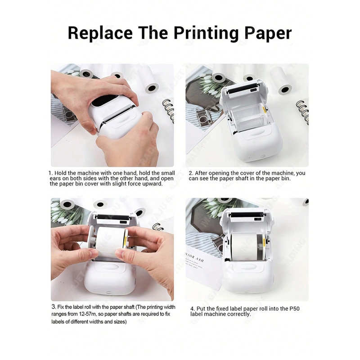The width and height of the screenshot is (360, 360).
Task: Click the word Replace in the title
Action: pos(100,33)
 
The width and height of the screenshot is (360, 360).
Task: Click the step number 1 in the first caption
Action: pos(50,173)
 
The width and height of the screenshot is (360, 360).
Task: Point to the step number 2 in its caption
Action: pos(191,173)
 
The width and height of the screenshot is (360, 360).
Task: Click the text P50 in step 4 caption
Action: pos(295,309)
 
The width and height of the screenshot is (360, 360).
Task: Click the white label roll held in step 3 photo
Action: pos(111,241)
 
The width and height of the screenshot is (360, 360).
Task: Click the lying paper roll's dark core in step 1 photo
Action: pos(153,88)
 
